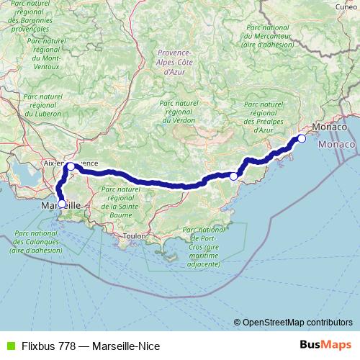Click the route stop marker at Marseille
(61, 204)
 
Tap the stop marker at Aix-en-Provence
(71, 166)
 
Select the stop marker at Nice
(302, 138)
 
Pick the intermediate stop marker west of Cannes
(234, 176)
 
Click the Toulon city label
(135, 236)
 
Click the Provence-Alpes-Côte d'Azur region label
(173, 62)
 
